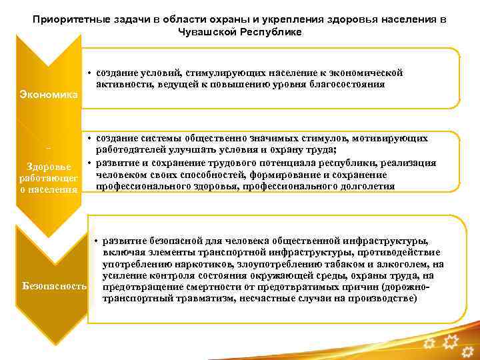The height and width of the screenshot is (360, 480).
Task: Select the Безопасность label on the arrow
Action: [55, 285]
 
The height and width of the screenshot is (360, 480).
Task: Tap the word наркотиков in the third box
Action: [198, 265]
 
